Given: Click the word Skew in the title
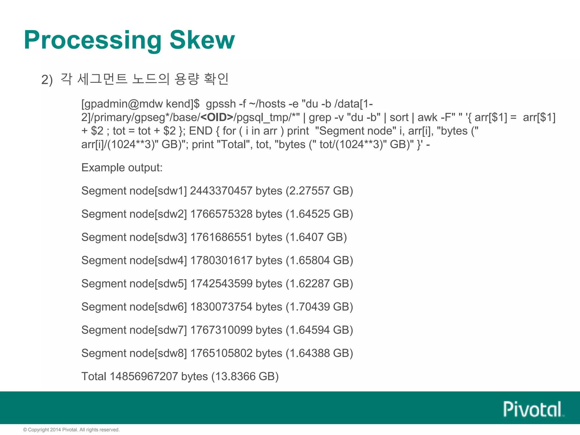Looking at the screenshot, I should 202,40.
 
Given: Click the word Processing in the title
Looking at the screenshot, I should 93,40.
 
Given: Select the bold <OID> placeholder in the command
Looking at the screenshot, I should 217,117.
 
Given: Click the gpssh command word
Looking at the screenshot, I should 221,104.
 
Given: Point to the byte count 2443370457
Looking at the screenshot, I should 221,191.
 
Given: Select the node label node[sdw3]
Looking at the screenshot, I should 158,237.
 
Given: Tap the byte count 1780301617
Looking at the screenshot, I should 221,261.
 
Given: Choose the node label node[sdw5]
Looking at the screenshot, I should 158,284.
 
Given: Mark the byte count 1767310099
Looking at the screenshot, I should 221,330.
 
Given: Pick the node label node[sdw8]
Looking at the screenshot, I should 158,353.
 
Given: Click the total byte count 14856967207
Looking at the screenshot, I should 144,377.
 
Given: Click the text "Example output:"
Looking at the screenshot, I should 122,168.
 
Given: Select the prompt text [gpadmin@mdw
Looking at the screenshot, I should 122,104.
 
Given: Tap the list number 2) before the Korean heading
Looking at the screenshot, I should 47,80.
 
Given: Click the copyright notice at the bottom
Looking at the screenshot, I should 71,430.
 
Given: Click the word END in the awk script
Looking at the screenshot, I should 201,131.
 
